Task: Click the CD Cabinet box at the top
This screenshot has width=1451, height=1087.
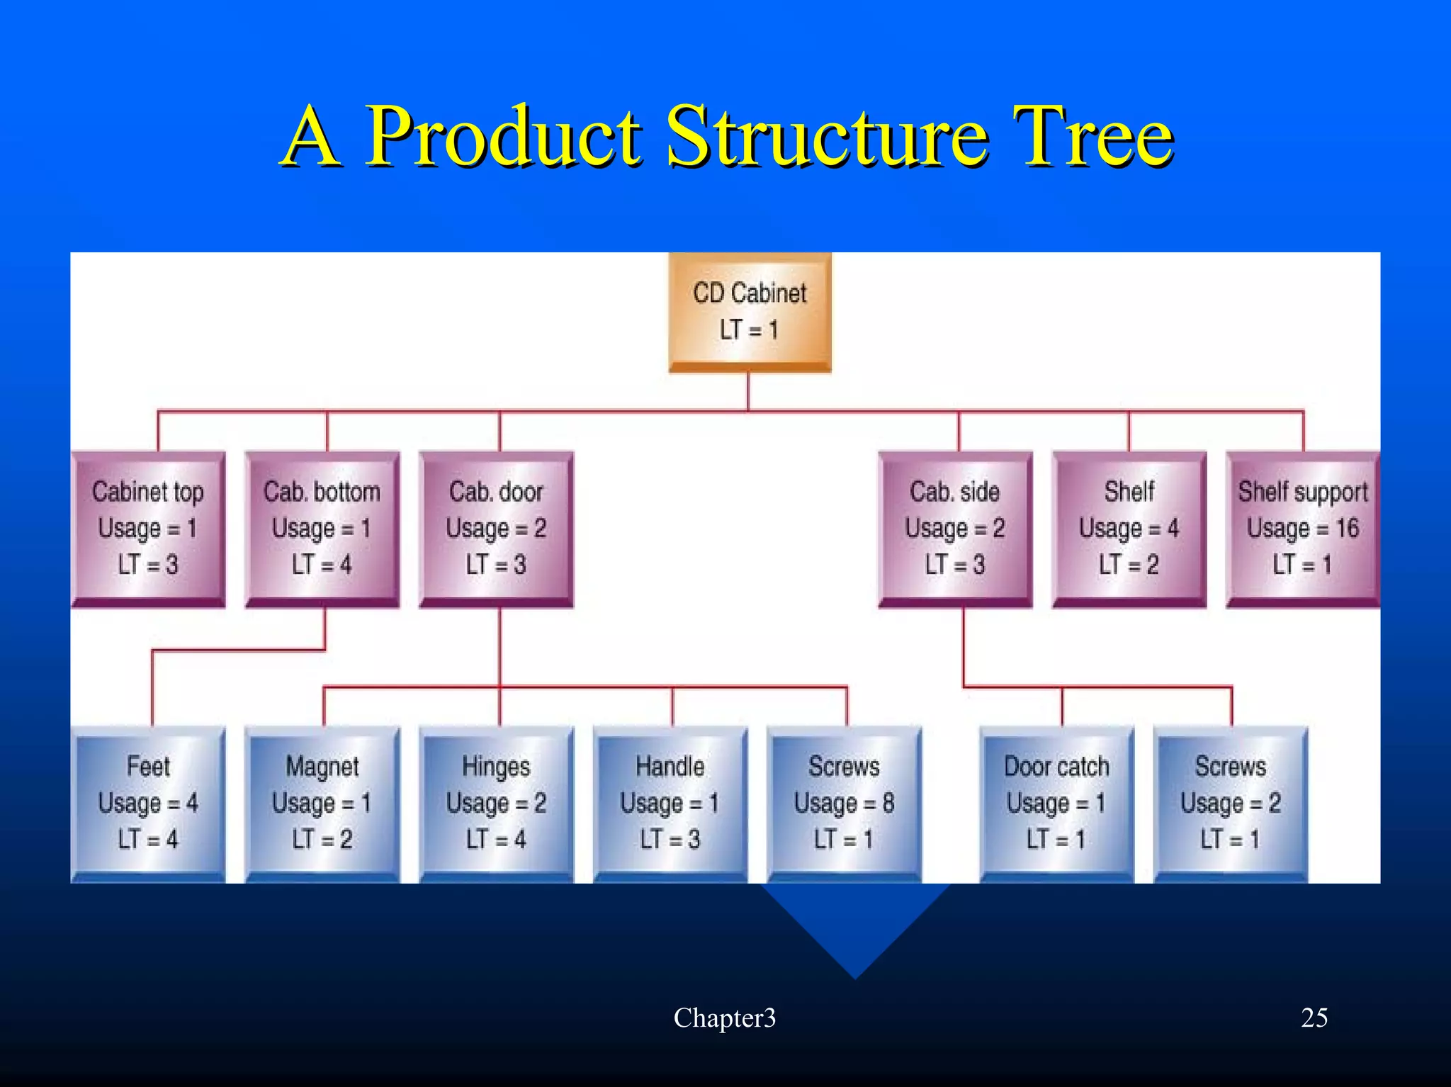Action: click(750, 312)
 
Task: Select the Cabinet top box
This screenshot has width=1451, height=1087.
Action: click(148, 529)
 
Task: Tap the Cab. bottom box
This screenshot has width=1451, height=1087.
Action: click(322, 529)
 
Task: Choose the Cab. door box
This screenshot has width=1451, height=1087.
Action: click(496, 529)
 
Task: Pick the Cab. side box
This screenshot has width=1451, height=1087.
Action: click(955, 529)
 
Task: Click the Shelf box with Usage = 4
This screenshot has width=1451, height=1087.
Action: click(1129, 529)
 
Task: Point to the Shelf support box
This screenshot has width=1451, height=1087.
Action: click(1302, 529)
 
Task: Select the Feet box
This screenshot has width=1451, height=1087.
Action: click(148, 804)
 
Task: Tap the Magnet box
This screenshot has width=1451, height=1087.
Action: click(322, 804)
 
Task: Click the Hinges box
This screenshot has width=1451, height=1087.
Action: click(496, 804)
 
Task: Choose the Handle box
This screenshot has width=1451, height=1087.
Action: click(670, 804)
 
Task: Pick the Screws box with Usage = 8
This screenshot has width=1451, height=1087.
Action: click(844, 804)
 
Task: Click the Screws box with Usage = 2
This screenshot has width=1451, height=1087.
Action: click(1231, 804)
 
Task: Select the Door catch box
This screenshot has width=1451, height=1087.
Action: click(1056, 804)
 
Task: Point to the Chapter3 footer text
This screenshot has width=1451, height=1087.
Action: click(724, 1018)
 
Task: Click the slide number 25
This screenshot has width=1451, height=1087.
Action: click(1314, 1018)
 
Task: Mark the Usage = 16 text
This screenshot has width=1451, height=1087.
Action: click(1302, 529)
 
